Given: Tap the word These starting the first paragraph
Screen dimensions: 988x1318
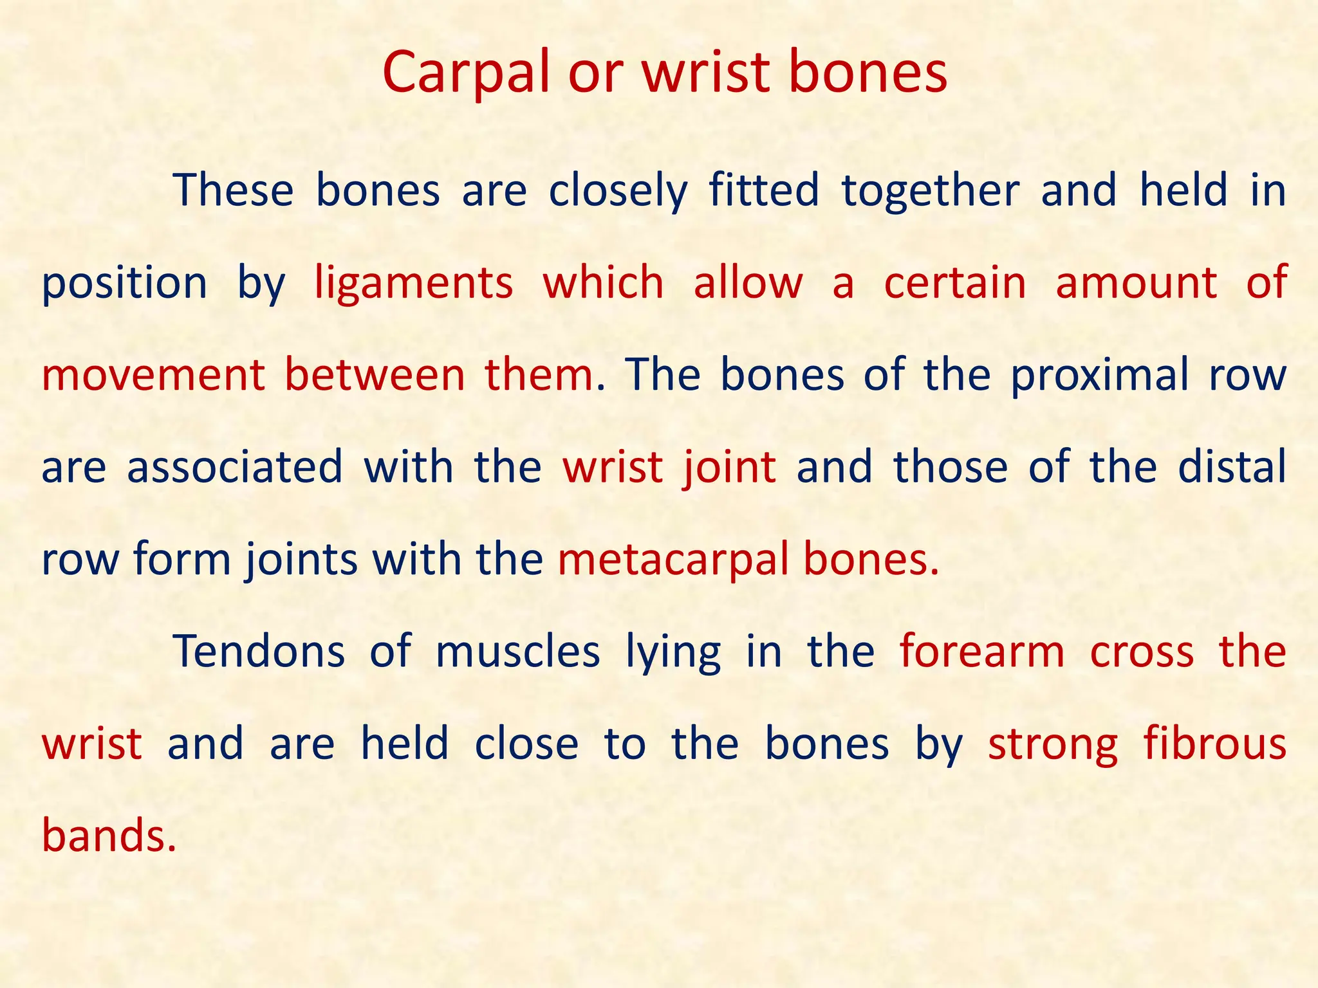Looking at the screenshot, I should [234, 190].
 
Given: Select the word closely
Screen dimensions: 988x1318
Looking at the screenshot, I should [618, 192].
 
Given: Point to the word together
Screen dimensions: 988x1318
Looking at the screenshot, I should [931, 192].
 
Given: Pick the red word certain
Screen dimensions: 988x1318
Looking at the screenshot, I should [955, 283].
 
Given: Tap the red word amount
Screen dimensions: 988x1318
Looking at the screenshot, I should [1137, 283].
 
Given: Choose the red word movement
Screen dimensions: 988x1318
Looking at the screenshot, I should [153, 375].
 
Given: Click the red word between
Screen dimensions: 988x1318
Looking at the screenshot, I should [375, 375].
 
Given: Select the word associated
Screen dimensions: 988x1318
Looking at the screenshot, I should [235, 467].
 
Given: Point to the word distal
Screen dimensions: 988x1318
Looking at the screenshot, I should [1232, 467].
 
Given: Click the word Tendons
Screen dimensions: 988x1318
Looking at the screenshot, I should [259, 652].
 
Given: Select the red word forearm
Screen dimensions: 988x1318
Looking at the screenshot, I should [982, 652].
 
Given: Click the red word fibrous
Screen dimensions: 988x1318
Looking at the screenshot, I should [1214, 744].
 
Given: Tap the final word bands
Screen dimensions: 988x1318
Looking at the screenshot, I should [108, 836].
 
